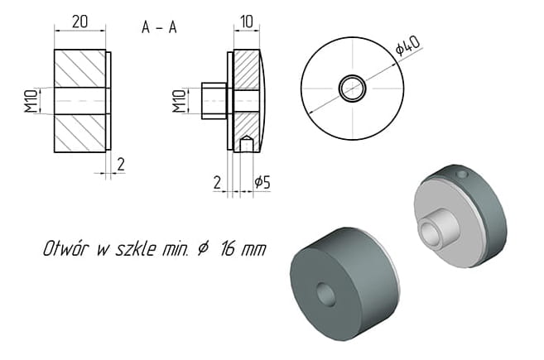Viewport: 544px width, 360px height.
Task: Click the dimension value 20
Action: [x=79, y=22]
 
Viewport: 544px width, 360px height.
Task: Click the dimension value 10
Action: [x=246, y=22]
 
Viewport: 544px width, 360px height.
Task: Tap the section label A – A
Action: [x=159, y=27]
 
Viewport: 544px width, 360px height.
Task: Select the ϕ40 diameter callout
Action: [x=408, y=46]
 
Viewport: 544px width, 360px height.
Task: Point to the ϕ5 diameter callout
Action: [x=262, y=182]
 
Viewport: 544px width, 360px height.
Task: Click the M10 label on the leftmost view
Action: [x=31, y=101]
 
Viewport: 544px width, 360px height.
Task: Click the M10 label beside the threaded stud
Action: [x=179, y=101]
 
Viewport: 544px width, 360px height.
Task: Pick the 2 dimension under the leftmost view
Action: [x=120, y=164]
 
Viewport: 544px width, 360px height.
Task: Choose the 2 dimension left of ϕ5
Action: [x=217, y=182]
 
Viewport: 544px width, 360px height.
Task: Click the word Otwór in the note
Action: [x=65, y=248]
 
